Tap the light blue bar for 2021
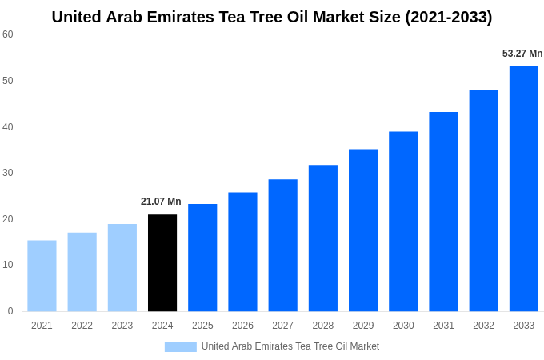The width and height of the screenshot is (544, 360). click(42, 275)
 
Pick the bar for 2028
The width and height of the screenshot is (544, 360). click(323, 238)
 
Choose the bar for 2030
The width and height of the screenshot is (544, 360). click(403, 221)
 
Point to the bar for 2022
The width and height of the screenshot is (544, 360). click(82, 271)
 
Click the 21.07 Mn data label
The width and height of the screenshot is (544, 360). click(161, 202)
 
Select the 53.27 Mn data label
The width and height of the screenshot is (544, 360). click(522, 54)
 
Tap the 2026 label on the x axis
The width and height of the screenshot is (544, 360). click(242, 326)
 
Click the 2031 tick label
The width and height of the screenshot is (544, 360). click(443, 326)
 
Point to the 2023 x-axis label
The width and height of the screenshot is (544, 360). click(122, 326)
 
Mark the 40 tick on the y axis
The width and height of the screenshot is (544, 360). click(8, 126)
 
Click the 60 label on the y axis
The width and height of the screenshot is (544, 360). click(8, 34)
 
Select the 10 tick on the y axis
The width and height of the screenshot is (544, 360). click(8, 265)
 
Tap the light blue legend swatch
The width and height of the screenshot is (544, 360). click(180, 346)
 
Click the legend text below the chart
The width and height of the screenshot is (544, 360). click(290, 346)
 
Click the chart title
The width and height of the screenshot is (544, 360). click(272, 17)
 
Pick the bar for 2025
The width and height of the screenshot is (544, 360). click(202, 257)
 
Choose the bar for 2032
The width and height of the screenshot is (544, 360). click(483, 200)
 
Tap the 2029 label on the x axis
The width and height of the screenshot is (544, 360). click(363, 326)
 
